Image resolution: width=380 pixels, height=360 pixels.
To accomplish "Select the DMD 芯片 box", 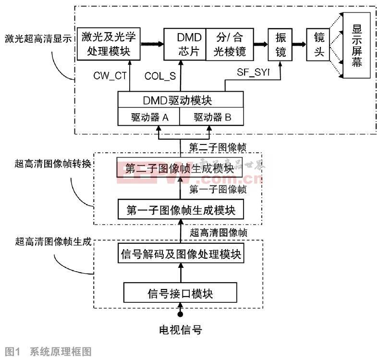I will pos(185,44).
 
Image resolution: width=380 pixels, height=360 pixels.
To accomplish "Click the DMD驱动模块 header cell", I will pos(181,100).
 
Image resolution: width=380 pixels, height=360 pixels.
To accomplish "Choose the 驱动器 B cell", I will pos(212,116).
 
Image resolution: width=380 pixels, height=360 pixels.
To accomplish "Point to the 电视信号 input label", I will pos(180,330).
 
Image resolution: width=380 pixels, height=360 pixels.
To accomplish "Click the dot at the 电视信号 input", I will pos(181,314).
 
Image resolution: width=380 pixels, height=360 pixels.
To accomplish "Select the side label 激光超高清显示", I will pos(37,38).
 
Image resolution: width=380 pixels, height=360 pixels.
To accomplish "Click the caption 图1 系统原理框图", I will pos(47,352).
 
